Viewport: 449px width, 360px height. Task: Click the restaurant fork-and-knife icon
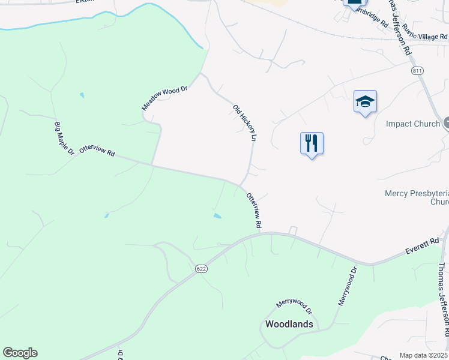[312, 143]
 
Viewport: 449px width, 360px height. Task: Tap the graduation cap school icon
[365, 102]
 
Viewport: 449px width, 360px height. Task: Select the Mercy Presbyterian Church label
[416, 197]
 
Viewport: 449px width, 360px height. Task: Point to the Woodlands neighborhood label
[289, 324]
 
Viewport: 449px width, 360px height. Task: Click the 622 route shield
[201, 269]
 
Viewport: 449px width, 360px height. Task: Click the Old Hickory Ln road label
[245, 122]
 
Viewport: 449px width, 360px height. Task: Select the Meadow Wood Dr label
[165, 98]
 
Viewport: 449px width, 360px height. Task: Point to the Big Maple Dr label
[64, 139]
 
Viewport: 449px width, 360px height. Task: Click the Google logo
[20, 353]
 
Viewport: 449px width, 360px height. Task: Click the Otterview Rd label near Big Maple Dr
[97, 149]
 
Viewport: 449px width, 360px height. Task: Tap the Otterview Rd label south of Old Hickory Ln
[254, 210]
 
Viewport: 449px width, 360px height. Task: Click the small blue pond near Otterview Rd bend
[217, 215]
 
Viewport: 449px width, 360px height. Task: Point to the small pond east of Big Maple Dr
[82, 95]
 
